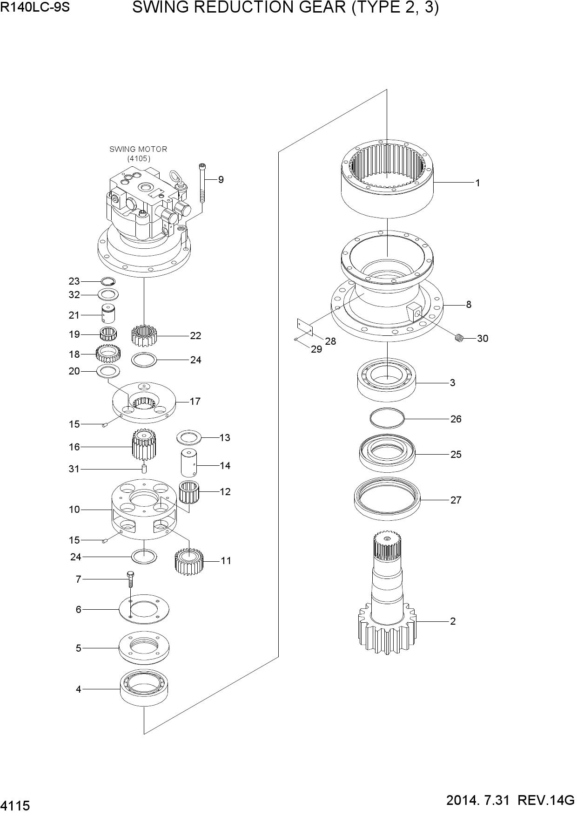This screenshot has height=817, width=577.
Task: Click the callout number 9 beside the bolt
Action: click(x=221, y=180)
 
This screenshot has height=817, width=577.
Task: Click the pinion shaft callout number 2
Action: click(x=453, y=621)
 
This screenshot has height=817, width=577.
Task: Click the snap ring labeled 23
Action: click(x=108, y=281)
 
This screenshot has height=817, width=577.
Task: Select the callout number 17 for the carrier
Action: click(x=195, y=401)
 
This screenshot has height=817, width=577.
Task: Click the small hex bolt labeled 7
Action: click(x=131, y=579)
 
